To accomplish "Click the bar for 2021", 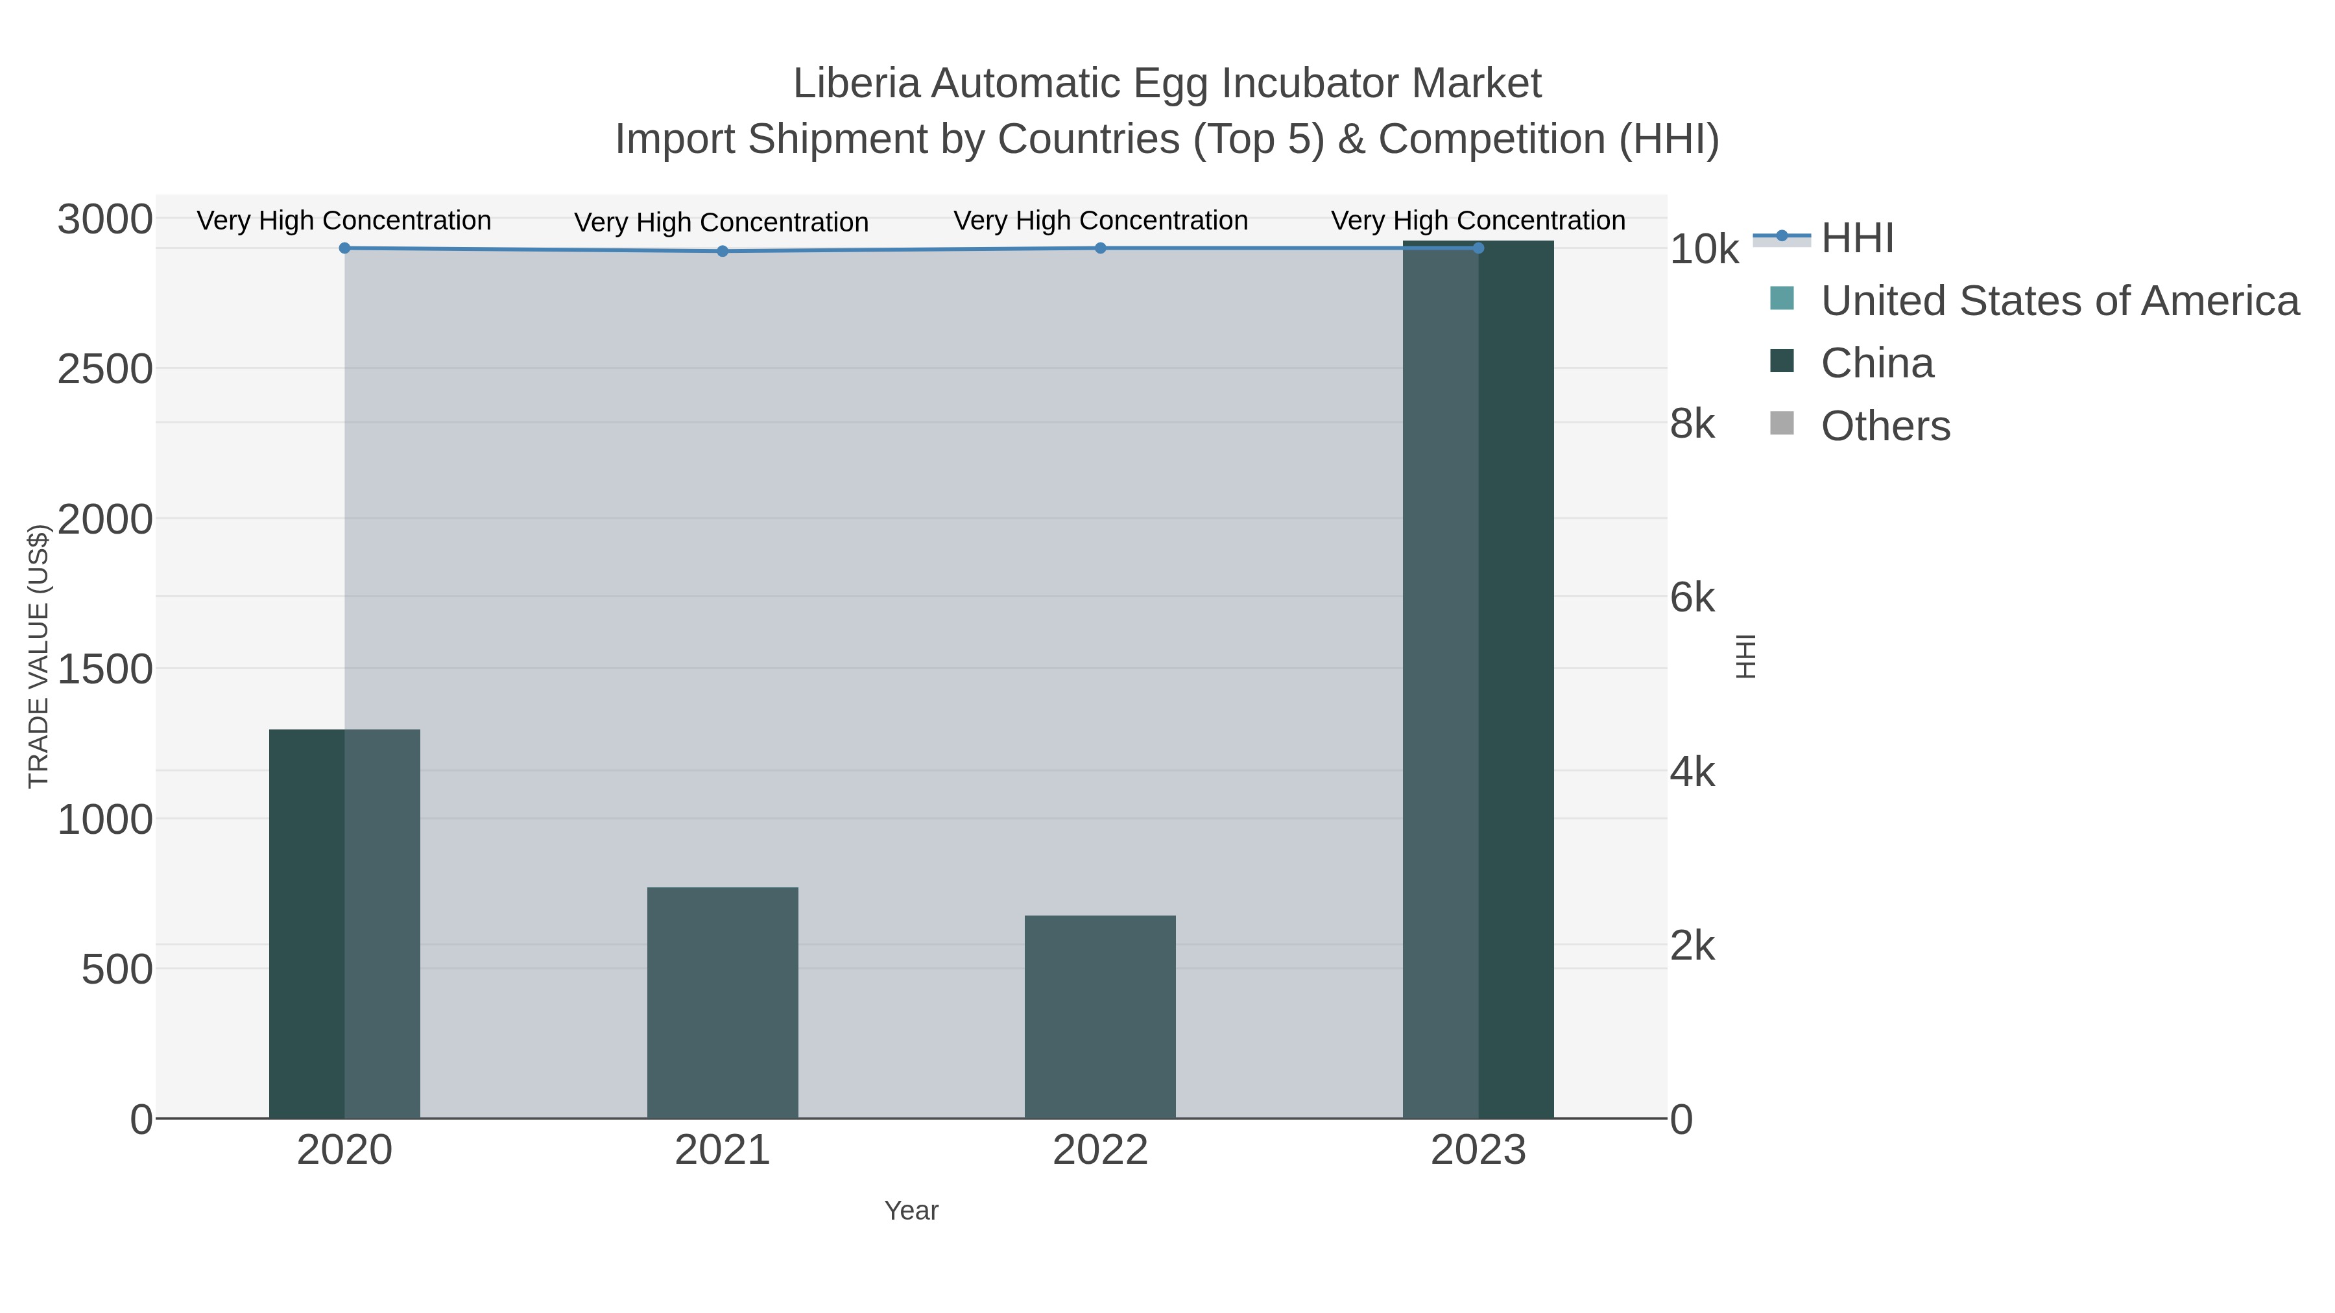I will [723, 1002].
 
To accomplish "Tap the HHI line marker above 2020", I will [344, 248].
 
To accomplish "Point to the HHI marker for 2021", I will [723, 251].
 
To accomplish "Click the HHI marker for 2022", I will [1101, 248].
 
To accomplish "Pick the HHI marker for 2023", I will [1478, 248].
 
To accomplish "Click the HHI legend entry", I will [1856, 239].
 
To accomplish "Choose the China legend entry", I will [1876, 363].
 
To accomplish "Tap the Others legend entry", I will [1886, 426].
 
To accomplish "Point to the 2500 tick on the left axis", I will [105, 370].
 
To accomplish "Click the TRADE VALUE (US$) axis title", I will [38, 656].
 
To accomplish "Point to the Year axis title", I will [911, 1211].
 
